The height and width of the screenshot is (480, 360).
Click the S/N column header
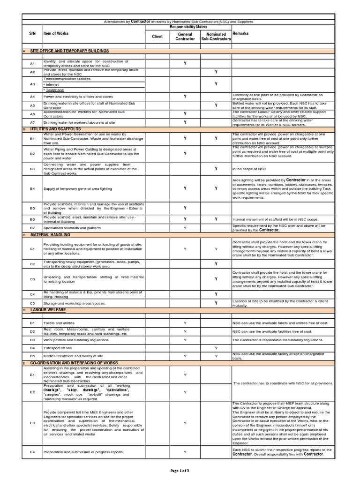[x=32, y=34]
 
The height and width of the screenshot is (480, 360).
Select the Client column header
[x=157, y=36]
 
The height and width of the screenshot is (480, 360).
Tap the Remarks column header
[x=240, y=34]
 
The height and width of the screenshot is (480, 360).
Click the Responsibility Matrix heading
[x=185, y=28]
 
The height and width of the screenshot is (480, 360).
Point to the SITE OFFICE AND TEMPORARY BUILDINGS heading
[x=69, y=51]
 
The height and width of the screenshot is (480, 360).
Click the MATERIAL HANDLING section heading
[x=51, y=234]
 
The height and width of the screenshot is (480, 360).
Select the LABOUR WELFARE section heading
[x=48, y=310]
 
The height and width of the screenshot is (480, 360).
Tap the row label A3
[x=32, y=84]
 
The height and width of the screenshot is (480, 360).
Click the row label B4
[x=32, y=188]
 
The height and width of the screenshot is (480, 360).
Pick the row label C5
[x=32, y=303]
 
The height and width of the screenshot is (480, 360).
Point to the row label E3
[x=32, y=423]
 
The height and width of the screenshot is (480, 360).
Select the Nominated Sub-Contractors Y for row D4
[x=216, y=348]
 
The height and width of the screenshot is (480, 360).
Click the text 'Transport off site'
[x=58, y=348]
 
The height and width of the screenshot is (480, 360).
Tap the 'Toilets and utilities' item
[x=59, y=323]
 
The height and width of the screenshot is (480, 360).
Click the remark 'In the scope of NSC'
[x=249, y=169]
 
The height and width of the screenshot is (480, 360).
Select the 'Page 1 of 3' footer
[x=180, y=471]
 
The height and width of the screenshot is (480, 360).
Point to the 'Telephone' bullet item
[x=54, y=90]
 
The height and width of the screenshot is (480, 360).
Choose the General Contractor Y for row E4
[x=185, y=452]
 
